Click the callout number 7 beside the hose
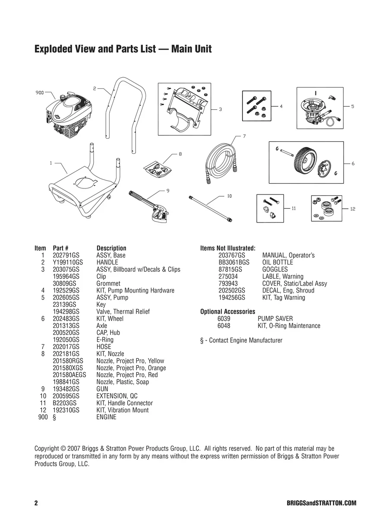244,137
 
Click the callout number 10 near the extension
229,196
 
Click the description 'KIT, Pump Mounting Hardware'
135,290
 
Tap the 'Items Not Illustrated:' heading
227,248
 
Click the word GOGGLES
274,270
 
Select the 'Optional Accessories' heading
227,312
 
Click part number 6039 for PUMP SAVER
224,319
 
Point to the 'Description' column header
111,248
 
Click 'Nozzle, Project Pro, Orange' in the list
131,368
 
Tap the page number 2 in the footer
36,503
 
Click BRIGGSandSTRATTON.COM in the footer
321,503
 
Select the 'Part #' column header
60,248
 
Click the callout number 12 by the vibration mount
352,209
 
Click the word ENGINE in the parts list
106,417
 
